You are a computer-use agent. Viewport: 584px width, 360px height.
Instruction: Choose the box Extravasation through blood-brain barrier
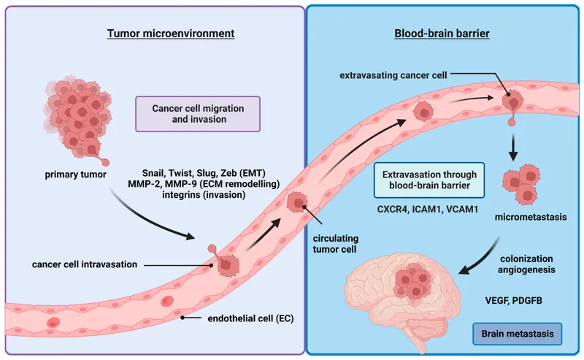(424, 180)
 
